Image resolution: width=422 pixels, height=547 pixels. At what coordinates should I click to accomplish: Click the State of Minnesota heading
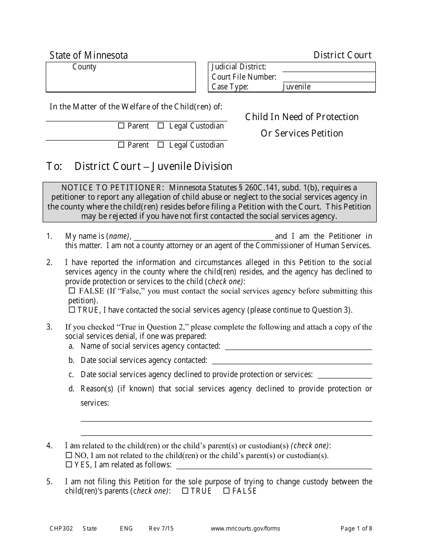click(x=88, y=55)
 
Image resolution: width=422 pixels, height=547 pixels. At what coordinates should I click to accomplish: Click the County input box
click(x=120, y=77)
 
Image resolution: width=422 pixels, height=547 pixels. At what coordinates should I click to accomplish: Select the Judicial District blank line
click(x=328, y=68)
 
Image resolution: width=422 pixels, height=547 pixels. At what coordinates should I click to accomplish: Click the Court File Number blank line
click(x=328, y=77)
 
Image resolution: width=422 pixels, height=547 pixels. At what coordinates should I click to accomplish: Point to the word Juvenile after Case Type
click(x=296, y=87)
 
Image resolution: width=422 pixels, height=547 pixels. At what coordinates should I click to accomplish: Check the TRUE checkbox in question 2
click(x=72, y=310)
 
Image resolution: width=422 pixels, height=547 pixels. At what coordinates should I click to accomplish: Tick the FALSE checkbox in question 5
click(x=226, y=491)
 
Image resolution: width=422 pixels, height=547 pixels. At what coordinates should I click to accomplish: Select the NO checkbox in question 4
click(x=69, y=455)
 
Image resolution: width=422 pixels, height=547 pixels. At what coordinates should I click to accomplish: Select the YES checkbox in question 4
click(x=69, y=465)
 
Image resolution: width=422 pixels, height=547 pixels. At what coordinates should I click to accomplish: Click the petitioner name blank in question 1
click(x=203, y=237)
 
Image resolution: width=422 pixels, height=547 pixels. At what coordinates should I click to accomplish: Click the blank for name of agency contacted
click(x=299, y=346)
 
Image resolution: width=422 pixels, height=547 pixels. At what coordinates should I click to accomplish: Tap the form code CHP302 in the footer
click(x=60, y=529)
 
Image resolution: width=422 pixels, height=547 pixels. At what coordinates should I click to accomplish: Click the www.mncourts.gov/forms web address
click(x=245, y=529)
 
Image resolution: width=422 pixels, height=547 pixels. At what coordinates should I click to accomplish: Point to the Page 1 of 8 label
click(x=356, y=529)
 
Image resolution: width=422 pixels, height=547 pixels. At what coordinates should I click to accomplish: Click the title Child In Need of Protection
click(x=302, y=117)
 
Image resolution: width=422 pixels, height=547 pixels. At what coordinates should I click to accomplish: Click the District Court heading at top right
click(x=342, y=55)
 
